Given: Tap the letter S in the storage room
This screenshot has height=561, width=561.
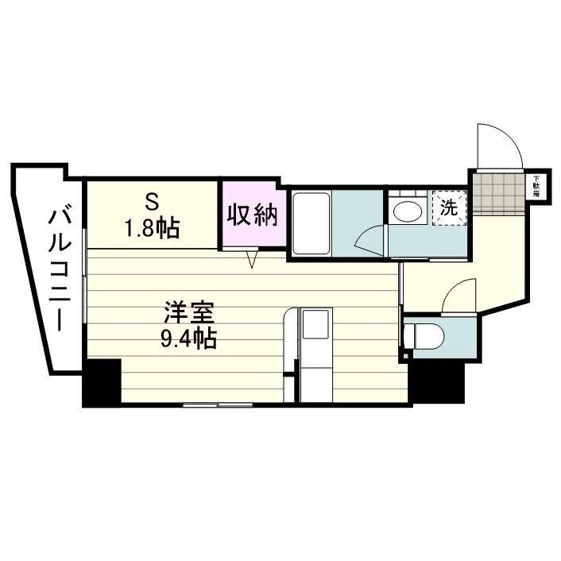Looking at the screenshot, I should pyautogui.click(x=150, y=199).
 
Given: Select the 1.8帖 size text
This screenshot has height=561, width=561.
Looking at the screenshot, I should pyautogui.click(x=150, y=228).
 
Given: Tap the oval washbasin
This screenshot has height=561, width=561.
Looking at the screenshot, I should pyautogui.click(x=408, y=212).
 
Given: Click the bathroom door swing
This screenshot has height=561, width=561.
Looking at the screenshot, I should pyautogui.click(x=369, y=238).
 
